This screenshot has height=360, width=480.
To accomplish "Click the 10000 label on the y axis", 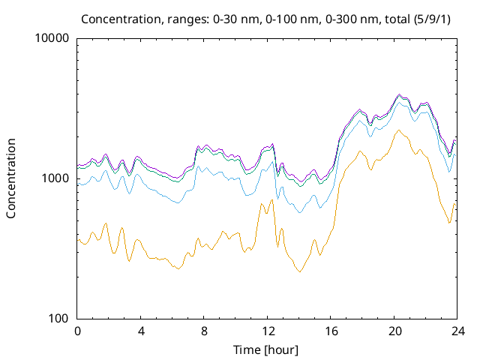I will (x=52, y=38).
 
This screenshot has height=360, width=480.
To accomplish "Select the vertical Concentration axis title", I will (x=11, y=178).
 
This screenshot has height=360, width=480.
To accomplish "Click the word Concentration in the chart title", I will (x=115, y=18).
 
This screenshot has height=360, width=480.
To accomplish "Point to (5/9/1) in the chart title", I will (x=433, y=18).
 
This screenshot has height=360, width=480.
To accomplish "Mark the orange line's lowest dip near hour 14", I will (x=300, y=271).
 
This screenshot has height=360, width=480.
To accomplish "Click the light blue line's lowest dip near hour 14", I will (x=300, y=213).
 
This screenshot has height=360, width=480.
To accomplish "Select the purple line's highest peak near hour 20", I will (x=399, y=94).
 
